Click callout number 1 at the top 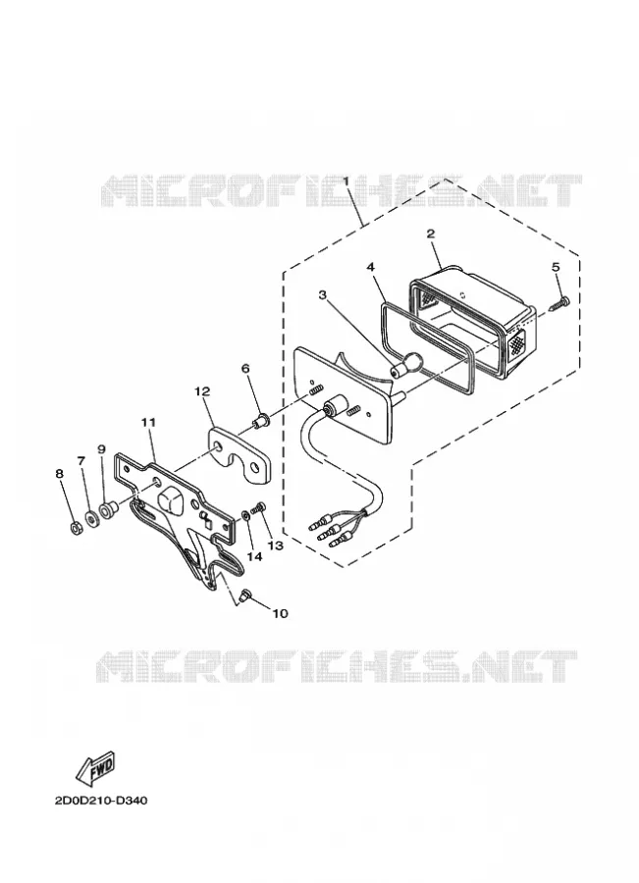346,182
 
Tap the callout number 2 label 431,234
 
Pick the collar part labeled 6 261,420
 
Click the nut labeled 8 74,528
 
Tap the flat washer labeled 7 90,517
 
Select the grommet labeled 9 107,511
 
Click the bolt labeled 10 245,595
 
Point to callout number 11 149,422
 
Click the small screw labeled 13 260,508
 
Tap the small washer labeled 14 246,515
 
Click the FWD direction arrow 96,768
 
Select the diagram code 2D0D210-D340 101,801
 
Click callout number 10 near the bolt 280,612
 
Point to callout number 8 59,474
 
